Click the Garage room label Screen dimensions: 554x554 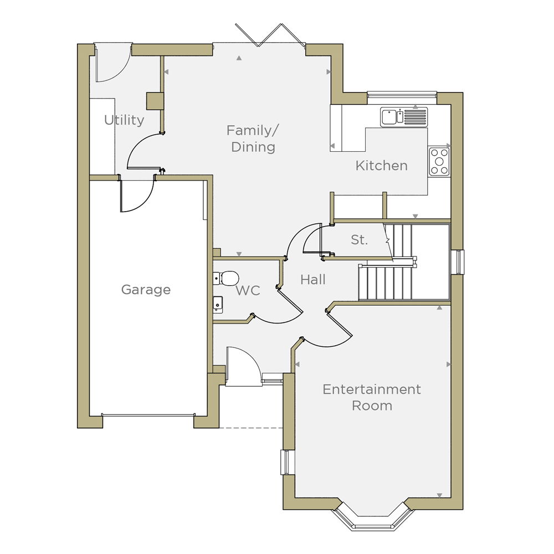[x=146, y=290]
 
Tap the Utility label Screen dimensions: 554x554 [x=124, y=120]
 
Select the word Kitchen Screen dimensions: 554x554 [x=382, y=165]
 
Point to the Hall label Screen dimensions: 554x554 [x=312, y=279]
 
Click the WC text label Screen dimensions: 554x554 [x=248, y=290]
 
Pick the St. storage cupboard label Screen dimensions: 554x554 [x=360, y=239]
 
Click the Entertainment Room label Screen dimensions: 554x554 [x=372, y=397]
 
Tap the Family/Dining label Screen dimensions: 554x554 [x=253, y=138]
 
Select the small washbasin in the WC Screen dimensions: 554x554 [x=218, y=304]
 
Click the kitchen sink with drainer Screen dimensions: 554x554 [x=404, y=117]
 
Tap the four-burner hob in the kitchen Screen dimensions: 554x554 [x=439, y=161]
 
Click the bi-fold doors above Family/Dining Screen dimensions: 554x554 [x=270, y=35]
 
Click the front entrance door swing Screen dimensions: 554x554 [x=243, y=366]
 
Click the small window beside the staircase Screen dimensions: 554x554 [x=460, y=262]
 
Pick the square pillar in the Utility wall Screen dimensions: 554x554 [x=155, y=101]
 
